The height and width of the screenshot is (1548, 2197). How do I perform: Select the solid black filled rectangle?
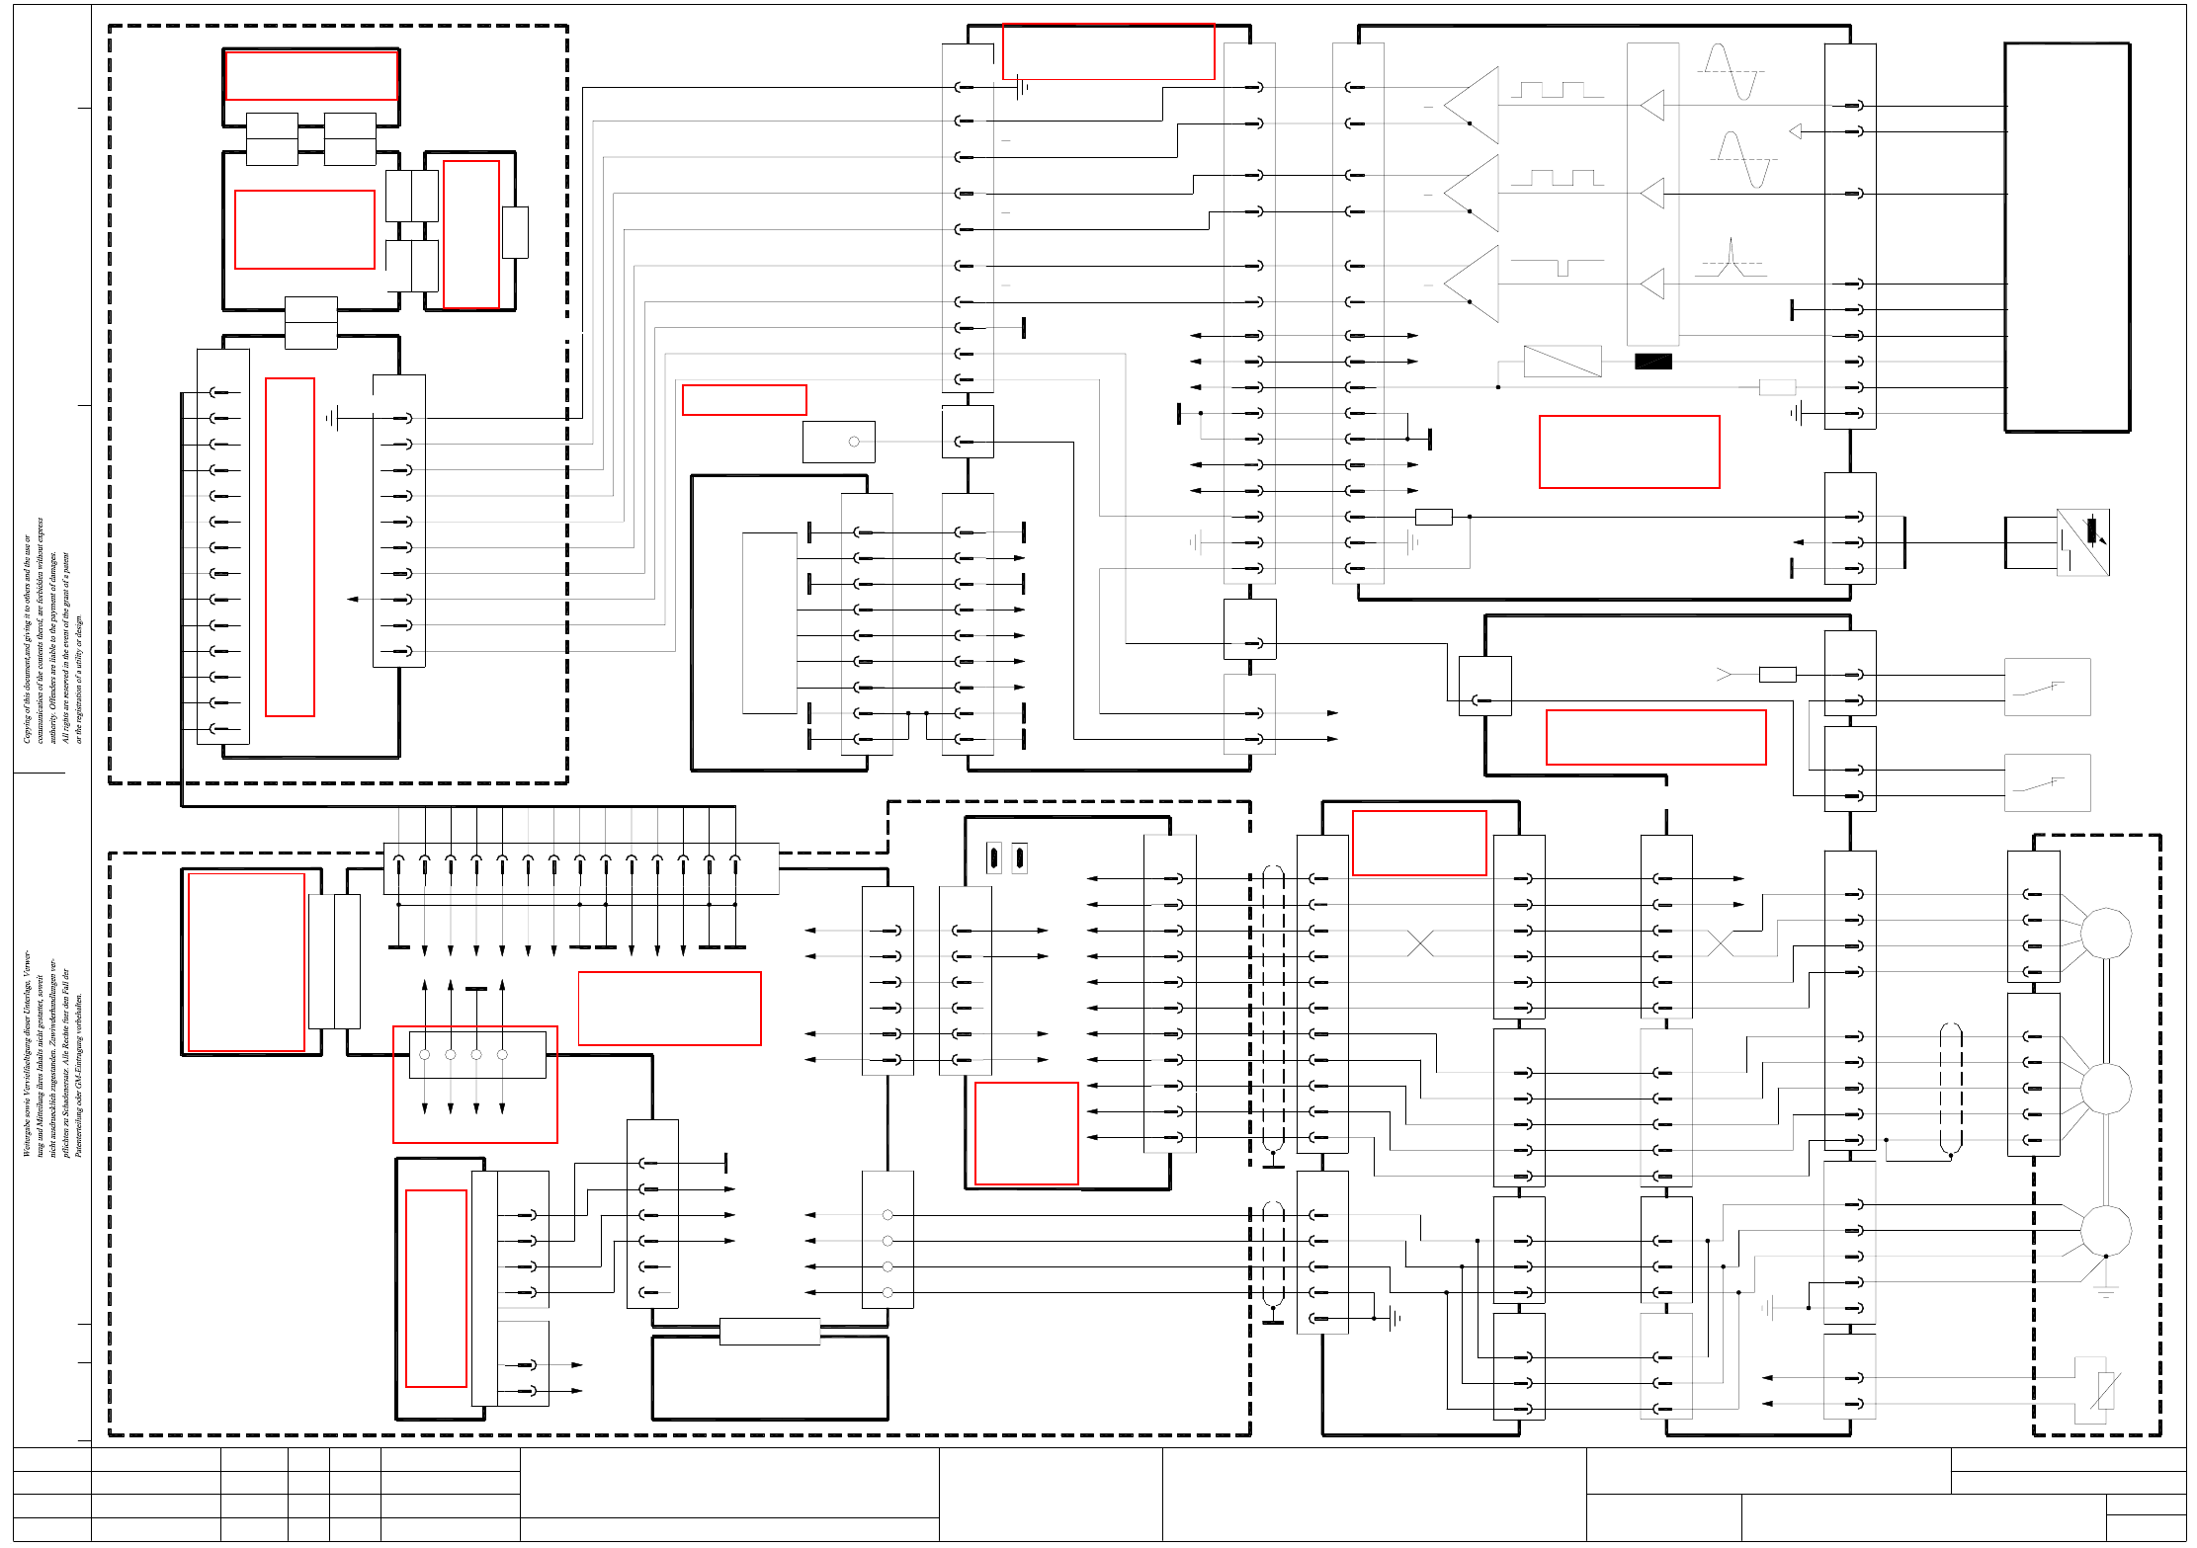click(x=1652, y=362)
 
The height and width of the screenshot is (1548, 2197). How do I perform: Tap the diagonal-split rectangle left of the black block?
click(x=1562, y=361)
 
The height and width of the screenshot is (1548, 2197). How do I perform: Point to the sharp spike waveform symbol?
click(x=1732, y=258)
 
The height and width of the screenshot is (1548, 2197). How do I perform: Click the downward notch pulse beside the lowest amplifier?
click(x=1559, y=267)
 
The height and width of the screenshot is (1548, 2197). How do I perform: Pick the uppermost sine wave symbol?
click(x=1732, y=71)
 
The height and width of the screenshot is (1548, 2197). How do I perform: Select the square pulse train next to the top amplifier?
click(x=1557, y=90)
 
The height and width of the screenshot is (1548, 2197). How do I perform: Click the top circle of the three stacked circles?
click(x=2105, y=933)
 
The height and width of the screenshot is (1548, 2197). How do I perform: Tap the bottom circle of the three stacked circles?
click(x=2105, y=1230)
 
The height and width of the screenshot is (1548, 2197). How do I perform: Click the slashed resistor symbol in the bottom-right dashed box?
click(x=2105, y=1390)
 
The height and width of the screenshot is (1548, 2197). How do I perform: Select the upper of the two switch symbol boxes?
click(x=2047, y=687)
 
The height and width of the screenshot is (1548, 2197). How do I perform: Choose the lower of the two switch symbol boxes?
click(x=2047, y=782)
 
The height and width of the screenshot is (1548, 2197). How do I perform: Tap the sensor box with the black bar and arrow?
click(x=2082, y=541)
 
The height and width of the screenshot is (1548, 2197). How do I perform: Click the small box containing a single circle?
click(x=838, y=442)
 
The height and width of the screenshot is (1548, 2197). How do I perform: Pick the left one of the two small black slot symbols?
click(x=994, y=857)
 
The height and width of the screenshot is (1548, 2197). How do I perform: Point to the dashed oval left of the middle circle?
click(x=1950, y=1088)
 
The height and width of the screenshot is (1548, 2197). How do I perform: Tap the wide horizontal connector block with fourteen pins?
click(x=580, y=868)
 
